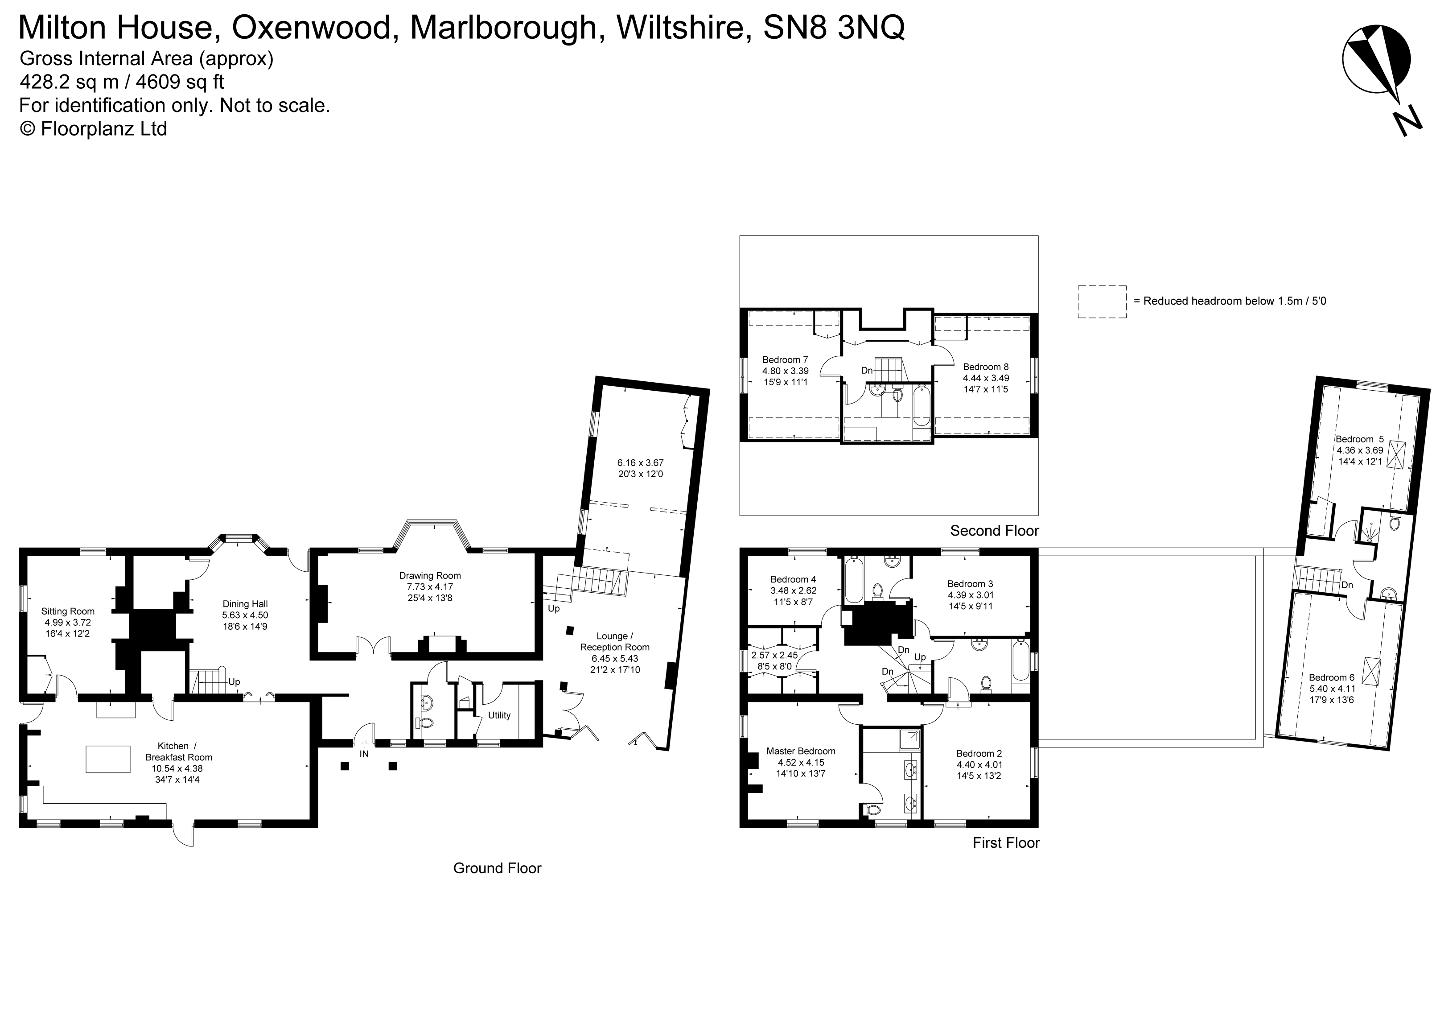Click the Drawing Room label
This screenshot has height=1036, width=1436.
(429, 576)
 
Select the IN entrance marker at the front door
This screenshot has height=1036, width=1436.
(364, 754)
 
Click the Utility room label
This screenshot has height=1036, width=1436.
(499, 716)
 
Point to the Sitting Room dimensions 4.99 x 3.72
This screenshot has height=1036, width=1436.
(68, 623)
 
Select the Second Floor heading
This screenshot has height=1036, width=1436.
(994, 531)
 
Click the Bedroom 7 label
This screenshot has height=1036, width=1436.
(785, 360)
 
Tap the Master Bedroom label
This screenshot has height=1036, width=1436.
(800, 751)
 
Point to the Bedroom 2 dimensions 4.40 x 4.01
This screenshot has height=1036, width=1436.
(979, 764)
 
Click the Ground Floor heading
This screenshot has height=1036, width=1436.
(497, 868)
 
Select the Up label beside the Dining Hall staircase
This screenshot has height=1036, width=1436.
(234, 682)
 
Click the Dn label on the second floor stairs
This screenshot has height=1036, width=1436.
(867, 371)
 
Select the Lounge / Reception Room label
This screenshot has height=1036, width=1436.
(614, 641)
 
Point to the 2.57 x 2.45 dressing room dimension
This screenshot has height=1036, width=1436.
(774, 656)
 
